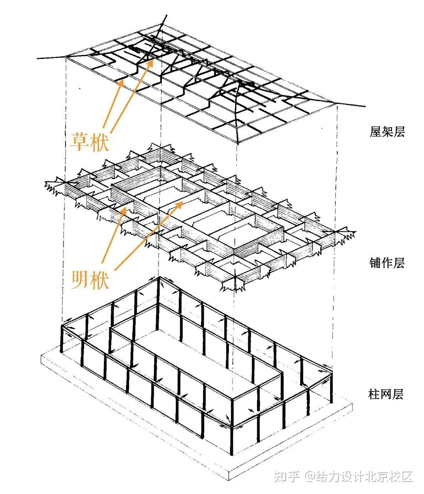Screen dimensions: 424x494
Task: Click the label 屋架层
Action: click(x=387, y=132)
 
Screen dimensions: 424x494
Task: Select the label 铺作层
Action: click(x=387, y=263)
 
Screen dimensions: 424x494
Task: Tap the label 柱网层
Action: click(x=386, y=394)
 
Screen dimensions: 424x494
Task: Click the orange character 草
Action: click(x=80, y=140)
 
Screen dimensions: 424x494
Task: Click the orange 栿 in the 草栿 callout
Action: click(x=99, y=140)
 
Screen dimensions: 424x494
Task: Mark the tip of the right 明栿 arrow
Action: click(x=184, y=202)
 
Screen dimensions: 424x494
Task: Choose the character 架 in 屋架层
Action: click(x=387, y=132)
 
